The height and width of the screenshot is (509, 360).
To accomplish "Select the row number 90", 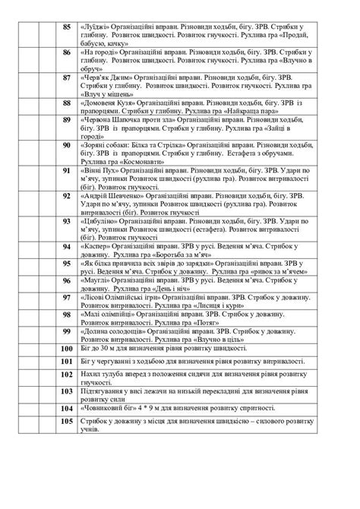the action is pyautogui.click(x=67, y=144).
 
